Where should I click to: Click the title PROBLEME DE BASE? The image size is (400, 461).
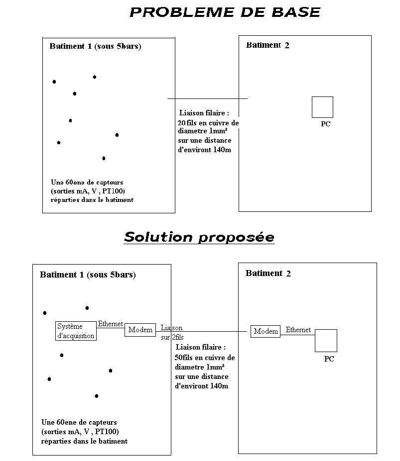225,12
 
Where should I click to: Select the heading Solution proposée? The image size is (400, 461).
199,237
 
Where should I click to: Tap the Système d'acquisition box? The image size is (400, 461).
76,331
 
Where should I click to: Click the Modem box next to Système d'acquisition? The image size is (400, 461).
140,330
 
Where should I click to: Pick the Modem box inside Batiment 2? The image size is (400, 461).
266,331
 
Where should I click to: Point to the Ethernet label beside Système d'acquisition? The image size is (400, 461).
110,324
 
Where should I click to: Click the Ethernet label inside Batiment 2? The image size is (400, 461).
298,330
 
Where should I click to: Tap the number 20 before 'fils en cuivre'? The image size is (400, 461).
181,123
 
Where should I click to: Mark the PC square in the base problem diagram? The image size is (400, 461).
322,107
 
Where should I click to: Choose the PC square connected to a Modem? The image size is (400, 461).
326,341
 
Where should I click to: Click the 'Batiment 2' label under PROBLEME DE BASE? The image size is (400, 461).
267,45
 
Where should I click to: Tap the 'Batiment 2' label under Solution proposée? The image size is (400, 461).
268,273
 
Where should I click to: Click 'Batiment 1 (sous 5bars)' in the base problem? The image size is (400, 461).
95,46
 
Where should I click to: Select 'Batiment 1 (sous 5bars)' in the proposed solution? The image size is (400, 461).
88,275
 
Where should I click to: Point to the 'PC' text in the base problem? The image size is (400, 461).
325,124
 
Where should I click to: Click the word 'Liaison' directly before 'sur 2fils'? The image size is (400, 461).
171,328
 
